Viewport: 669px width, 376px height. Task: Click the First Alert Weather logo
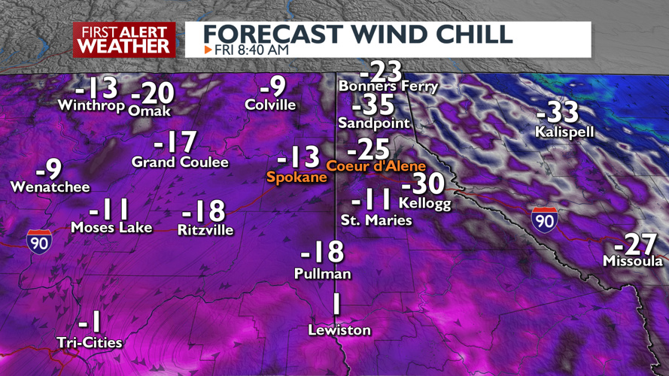point(124,39)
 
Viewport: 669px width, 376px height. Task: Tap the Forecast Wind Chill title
point(358,33)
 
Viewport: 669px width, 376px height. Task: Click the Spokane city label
point(296,177)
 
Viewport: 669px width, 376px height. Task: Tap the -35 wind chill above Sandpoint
point(374,104)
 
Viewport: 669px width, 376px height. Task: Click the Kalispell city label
point(564,132)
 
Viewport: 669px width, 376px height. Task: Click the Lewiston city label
point(339,330)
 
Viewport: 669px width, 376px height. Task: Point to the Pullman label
point(322,274)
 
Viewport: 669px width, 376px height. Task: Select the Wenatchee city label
point(50,187)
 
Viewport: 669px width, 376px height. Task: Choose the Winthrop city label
point(90,106)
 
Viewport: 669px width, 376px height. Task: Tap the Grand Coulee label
point(175,162)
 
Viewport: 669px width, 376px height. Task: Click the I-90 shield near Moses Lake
point(39,241)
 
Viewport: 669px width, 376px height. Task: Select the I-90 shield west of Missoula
point(543,219)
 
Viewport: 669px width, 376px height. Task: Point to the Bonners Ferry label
point(388,86)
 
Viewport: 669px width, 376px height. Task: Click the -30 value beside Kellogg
point(423,184)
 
